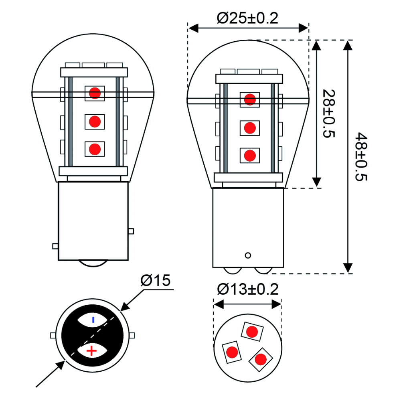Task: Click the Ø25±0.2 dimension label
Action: point(247,18)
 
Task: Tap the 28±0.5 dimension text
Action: point(328,113)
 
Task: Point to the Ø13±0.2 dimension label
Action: point(247,290)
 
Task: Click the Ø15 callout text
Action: point(156,281)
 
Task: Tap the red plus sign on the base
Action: point(92,351)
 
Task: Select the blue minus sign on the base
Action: point(93,320)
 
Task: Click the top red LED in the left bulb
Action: point(95,93)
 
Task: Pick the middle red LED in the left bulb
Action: point(95,121)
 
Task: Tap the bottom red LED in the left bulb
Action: point(95,149)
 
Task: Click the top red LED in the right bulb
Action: point(250,99)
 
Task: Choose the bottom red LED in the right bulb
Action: point(250,155)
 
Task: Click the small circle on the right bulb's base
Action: point(248,255)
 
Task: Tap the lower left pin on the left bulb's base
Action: point(55,246)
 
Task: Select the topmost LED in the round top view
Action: point(252,332)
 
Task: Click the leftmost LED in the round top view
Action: point(231,352)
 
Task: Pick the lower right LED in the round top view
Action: point(260,359)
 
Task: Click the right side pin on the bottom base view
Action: point(132,335)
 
